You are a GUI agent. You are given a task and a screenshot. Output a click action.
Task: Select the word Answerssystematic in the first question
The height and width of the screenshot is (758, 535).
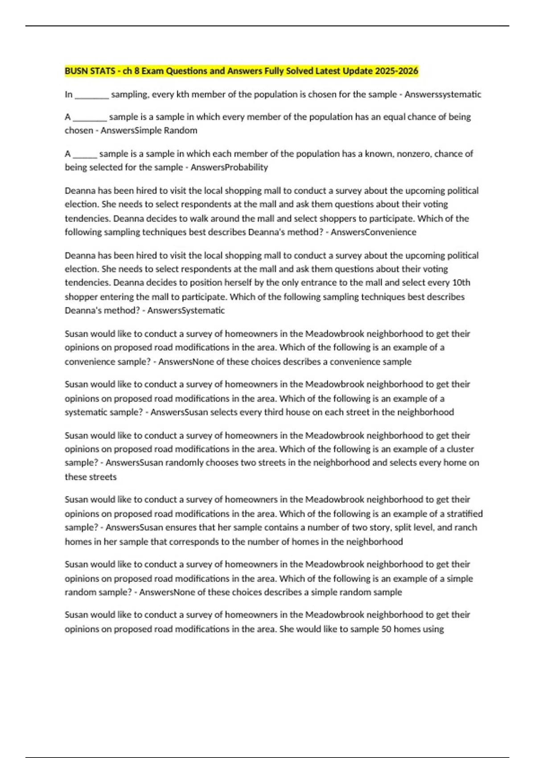pos(443,95)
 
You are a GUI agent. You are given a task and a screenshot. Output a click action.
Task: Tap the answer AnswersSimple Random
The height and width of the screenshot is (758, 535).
pos(149,131)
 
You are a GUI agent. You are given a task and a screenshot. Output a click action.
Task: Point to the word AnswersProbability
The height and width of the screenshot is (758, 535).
pos(229,168)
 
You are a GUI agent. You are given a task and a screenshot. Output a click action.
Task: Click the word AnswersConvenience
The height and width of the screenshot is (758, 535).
pos(373,232)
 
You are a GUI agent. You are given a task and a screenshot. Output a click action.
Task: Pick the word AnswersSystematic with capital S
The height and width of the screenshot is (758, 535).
pos(186,310)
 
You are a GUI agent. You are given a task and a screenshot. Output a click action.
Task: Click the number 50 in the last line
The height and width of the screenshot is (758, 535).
pos(386,629)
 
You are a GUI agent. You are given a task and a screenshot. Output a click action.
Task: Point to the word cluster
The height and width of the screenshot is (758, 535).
pos(460,449)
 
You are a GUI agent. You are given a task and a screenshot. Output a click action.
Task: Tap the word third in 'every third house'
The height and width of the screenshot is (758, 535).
pos(274,412)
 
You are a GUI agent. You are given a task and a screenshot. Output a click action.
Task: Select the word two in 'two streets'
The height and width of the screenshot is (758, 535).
pos(248,463)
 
